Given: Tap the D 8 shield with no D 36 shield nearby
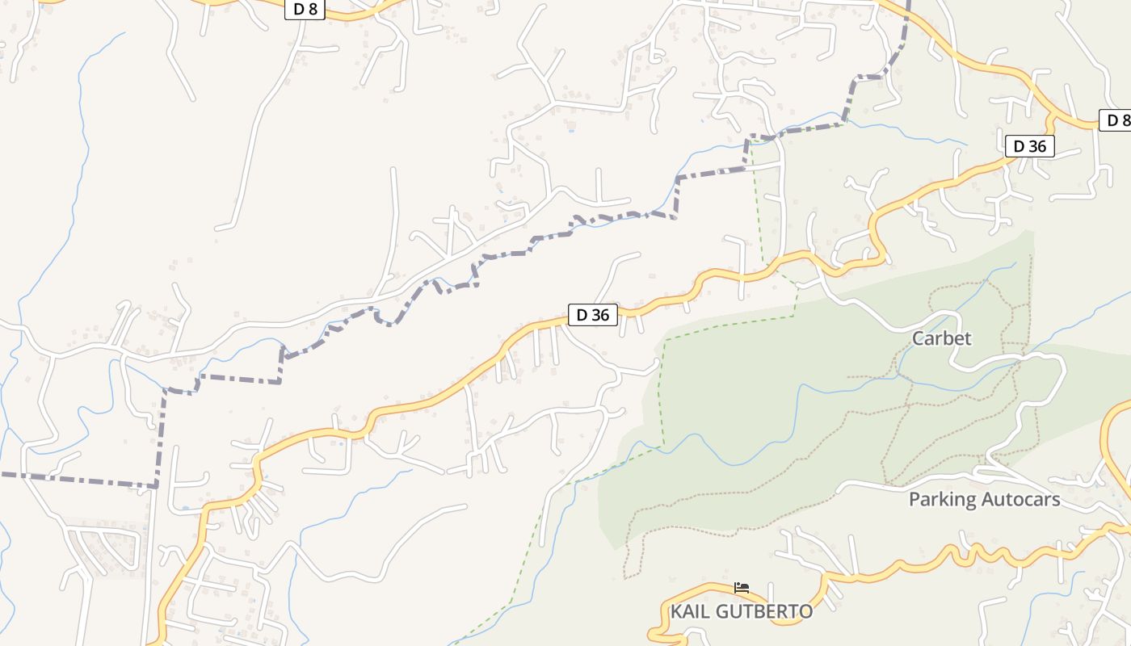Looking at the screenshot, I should pos(305,10).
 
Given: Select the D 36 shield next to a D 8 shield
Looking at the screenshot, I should pos(1029,146).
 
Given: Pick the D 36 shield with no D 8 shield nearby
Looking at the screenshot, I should pos(593,315).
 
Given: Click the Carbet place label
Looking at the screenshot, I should pos(941,338).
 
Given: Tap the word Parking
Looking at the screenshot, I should pos(940,500).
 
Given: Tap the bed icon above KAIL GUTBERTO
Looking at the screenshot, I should pos(742,587).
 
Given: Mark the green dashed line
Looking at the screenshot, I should pos(661,388).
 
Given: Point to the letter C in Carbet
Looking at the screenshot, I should pos(919,338).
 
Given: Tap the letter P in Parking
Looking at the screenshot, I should pos(914,500).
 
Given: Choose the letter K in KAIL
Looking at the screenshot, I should pos(676,612).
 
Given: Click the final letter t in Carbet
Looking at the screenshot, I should pos(968,338).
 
